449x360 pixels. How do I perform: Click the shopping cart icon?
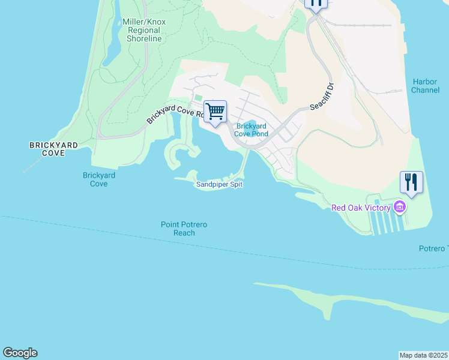pyautogui.click(x=215, y=111)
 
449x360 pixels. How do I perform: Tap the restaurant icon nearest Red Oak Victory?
pyautogui.click(x=411, y=182)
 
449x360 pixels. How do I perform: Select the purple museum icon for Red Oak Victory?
pyautogui.click(x=400, y=208)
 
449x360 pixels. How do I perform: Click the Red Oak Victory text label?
pyautogui.click(x=361, y=208)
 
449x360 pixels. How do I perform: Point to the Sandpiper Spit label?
pyautogui.click(x=219, y=185)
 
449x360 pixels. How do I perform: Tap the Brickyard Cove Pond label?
pyautogui.click(x=251, y=130)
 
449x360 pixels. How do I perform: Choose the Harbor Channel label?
pyautogui.click(x=425, y=86)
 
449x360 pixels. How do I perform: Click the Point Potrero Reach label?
pyautogui.click(x=184, y=229)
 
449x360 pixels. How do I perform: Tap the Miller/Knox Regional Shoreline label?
pyautogui.click(x=144, y=30)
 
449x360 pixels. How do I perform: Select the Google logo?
pyautogui.click(x=20, y=353)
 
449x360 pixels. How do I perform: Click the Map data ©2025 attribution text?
pyautogui.click(x=423, y=355)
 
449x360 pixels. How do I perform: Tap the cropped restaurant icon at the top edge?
pyautogui.click(x=316, y=4)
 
